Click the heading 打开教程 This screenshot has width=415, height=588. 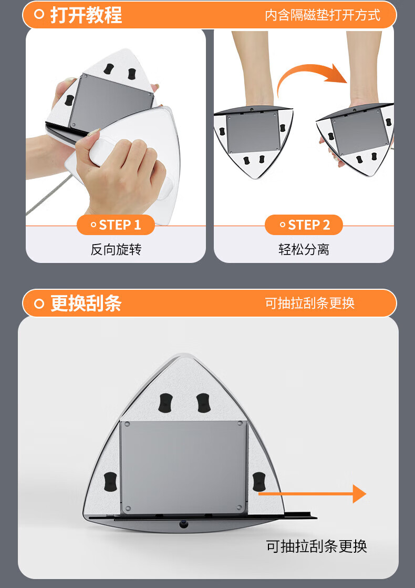(86, 15)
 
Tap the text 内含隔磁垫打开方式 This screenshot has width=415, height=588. (323, 15)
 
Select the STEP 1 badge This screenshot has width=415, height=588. (116, 225)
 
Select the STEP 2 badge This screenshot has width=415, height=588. (304, 225)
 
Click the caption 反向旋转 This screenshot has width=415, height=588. (116, 249)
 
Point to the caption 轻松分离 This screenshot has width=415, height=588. (304, 249)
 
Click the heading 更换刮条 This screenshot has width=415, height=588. (86, 303)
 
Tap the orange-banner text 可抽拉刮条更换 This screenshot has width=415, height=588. (310, 303)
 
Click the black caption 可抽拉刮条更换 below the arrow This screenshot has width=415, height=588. (316, 546)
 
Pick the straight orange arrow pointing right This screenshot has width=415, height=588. (313, 494)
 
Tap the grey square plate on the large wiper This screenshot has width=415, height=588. (183, 467)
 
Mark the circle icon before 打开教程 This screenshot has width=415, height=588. (39, 15)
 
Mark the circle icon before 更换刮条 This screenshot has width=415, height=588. (39, 303)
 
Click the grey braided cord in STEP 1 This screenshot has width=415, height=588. (49, 195)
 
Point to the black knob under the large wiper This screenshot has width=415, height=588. (183, 524)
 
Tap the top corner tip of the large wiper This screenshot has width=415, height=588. (183, 353)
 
